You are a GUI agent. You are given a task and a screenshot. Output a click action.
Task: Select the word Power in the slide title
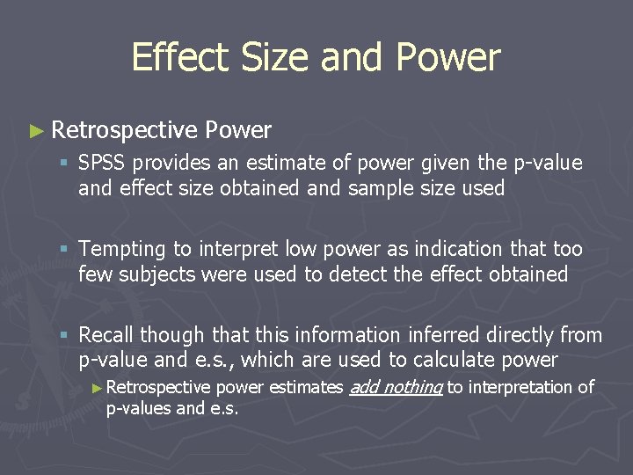click(448, 58)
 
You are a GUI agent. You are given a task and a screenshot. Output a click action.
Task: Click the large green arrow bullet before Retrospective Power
click(35, 131)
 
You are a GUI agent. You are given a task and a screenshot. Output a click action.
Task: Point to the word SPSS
click(103, 164)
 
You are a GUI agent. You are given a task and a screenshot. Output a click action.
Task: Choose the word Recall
click(106, 335)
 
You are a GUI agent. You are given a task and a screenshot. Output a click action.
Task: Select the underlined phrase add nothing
click(396, 387)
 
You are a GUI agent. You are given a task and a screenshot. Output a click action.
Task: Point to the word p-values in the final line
click(138, 408)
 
